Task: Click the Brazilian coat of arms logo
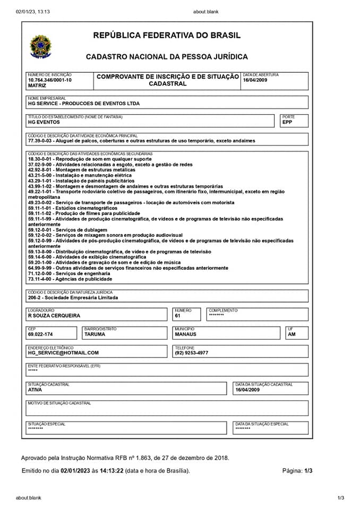(39, 46)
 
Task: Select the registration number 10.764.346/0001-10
(49, 80)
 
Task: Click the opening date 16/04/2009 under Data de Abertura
(255, 80)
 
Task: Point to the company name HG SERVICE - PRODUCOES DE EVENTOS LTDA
(84, 104)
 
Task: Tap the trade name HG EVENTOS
(44, 122)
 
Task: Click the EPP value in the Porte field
(287, 122)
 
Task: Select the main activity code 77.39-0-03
(42, 141)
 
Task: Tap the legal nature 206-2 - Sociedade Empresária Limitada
(73, 297)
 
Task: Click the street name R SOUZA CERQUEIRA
(54, 316)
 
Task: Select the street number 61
(178, 316)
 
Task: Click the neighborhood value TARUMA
(95, 334)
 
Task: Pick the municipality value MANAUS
(185, 334)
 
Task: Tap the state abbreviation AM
(291, 334)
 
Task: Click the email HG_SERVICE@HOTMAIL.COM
(64, 353)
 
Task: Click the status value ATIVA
(35, 389)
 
